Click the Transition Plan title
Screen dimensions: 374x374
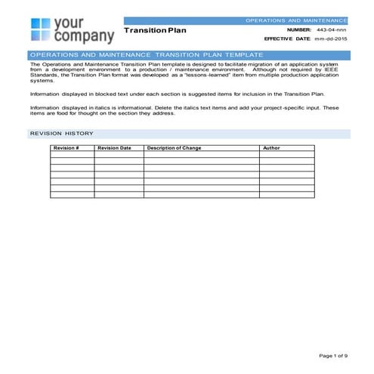tap(155, 31)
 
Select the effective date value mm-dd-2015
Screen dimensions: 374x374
tap(331, 38)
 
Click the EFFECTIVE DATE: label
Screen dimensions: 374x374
tap(287, 38)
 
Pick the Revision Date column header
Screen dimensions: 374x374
tap(115, 148)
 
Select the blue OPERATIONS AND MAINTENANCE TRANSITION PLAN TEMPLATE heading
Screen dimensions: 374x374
tap(145, 55)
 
